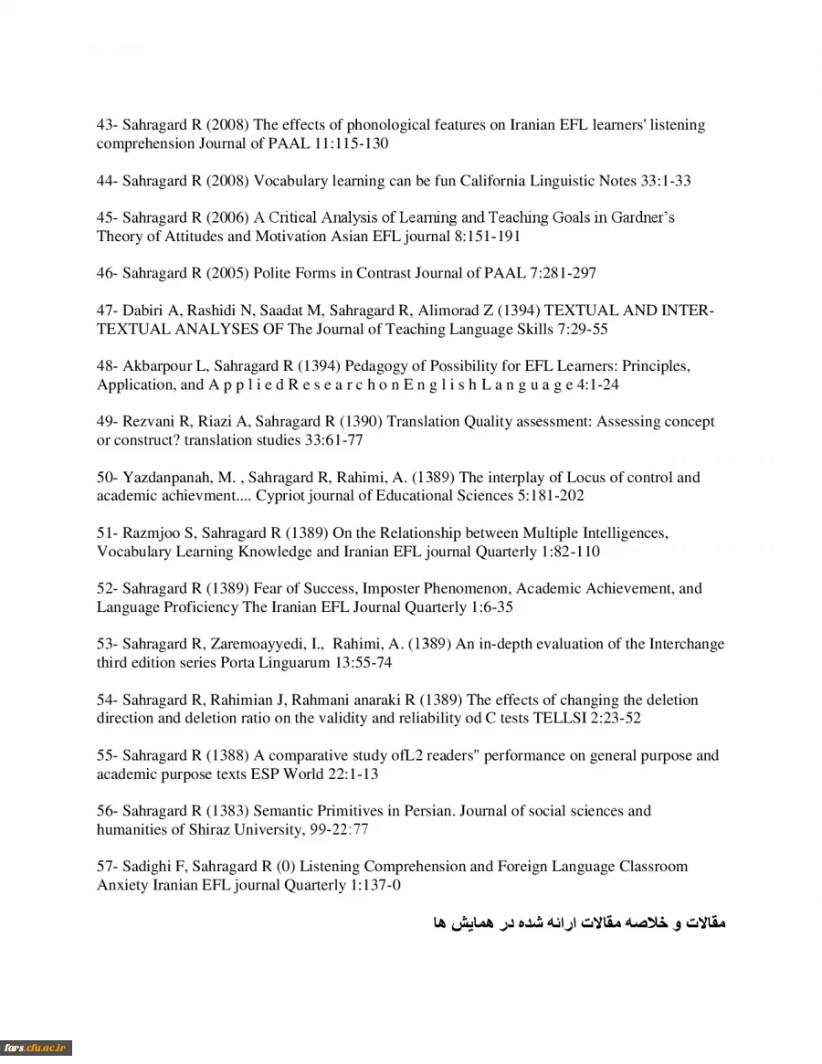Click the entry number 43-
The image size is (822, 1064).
108,125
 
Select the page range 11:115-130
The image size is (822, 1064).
350,144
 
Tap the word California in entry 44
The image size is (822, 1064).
498,181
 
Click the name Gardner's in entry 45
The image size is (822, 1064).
645,218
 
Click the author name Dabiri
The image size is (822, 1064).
143,311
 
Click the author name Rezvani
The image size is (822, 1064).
148,422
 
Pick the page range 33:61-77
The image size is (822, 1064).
333,440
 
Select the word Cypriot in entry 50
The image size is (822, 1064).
280,496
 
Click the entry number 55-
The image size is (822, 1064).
108,756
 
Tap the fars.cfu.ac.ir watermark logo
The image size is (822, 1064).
37,1048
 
